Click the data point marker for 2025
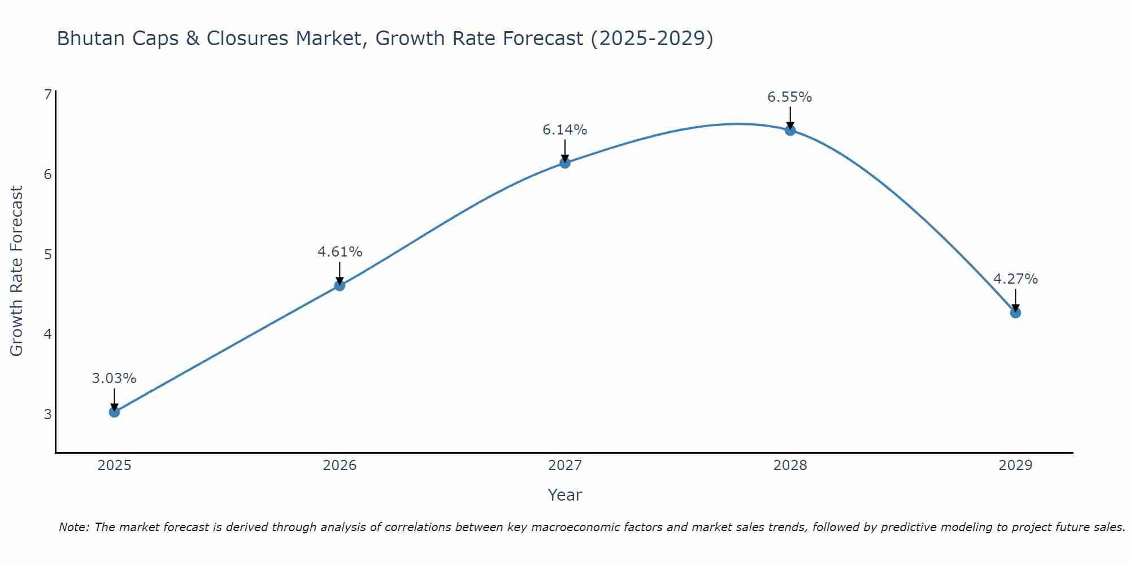(x=114, y=412)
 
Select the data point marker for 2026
(x=340, y=285)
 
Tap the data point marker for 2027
(x=565, y=163)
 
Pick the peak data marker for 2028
(x=790, y=131)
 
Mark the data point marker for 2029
(x=1015, y=312)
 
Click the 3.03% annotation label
(x=114, y=379)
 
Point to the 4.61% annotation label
(x=340, y=252)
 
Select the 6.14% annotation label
(x=565, y=130)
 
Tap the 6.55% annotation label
(x=789, y=97)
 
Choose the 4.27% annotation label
(x=1015, y=279)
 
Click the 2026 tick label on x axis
(x=340, y=466)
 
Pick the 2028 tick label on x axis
(x=790, y=466)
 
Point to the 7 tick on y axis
(x=47, y=94)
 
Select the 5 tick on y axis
(x=47, y=254)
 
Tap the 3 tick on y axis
(x=47, y=414)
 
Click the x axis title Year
(x=564, y=495)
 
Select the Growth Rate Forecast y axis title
(x=17, y=271)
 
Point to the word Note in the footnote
(x=73, y=527)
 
